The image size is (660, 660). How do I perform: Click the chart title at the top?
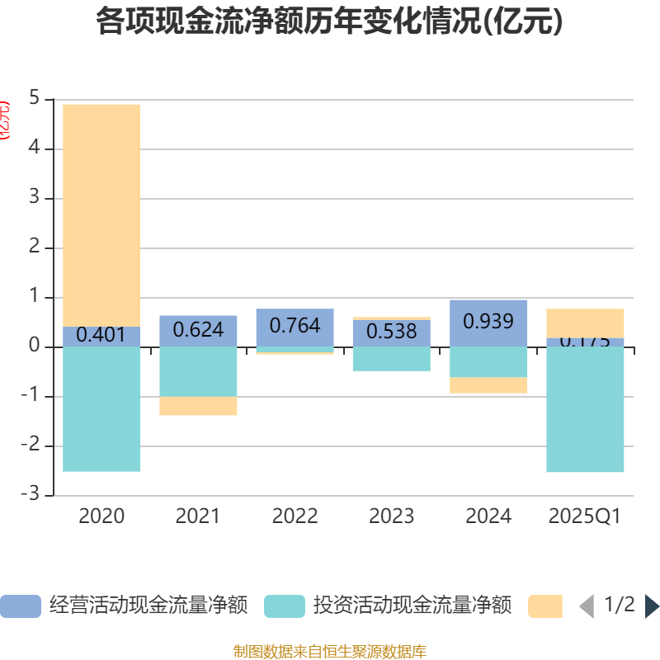pyautogui.click(x=330, y=21)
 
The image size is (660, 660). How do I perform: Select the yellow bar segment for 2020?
pyautogui.click(x=101, y=214)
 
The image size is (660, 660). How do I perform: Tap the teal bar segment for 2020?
pyautogui.click(x=101, y=409)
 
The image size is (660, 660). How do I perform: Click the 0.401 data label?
pyautogui.click(x=101, y=335)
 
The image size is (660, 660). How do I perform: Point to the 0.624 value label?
pyautogui.click(x=198, y=330)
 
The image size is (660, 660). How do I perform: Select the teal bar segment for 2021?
pyautogui.click(x=198, y=371)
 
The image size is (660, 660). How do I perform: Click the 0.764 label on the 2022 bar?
pyautogui.click(x=295, y=325)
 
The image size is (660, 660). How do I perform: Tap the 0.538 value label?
pyautogui.click(x=392, y=331)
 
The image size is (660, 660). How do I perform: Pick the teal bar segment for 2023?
pyautogui.click(x=392, y=359)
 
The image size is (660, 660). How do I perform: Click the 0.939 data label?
pyautogui.click(x=488, y=321)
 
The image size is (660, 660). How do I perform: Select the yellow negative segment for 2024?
pyautogui.click(x=488, y=385)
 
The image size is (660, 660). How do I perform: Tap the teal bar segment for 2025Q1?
pyautogui.click(x=585, y=409)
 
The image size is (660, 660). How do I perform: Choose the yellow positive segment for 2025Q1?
pyautogui.click(x=585, y=323)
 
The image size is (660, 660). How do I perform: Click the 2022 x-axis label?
pyautogui.click(x=295, y=516)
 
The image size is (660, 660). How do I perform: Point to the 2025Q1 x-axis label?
pyautogui.click(x=585, y=516)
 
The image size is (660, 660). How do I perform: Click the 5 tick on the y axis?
pyautogui.click(x=34, y=99)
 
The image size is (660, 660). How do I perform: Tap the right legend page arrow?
pyautogui.click(x=652, y=606)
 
